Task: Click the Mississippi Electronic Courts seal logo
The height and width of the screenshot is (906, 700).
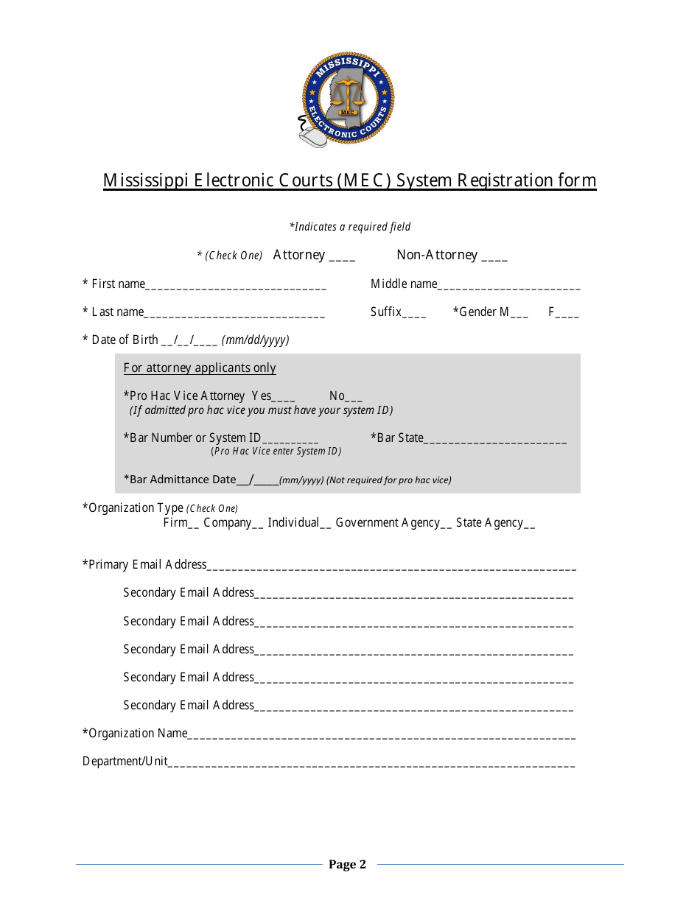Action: coord(348,99)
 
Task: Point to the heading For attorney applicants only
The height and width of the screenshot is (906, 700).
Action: coord(200,368)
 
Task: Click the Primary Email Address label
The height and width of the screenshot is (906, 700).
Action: coord(145,565)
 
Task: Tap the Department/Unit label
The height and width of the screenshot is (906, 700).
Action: coord(125,762)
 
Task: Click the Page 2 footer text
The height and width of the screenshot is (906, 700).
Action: coord(347,865)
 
